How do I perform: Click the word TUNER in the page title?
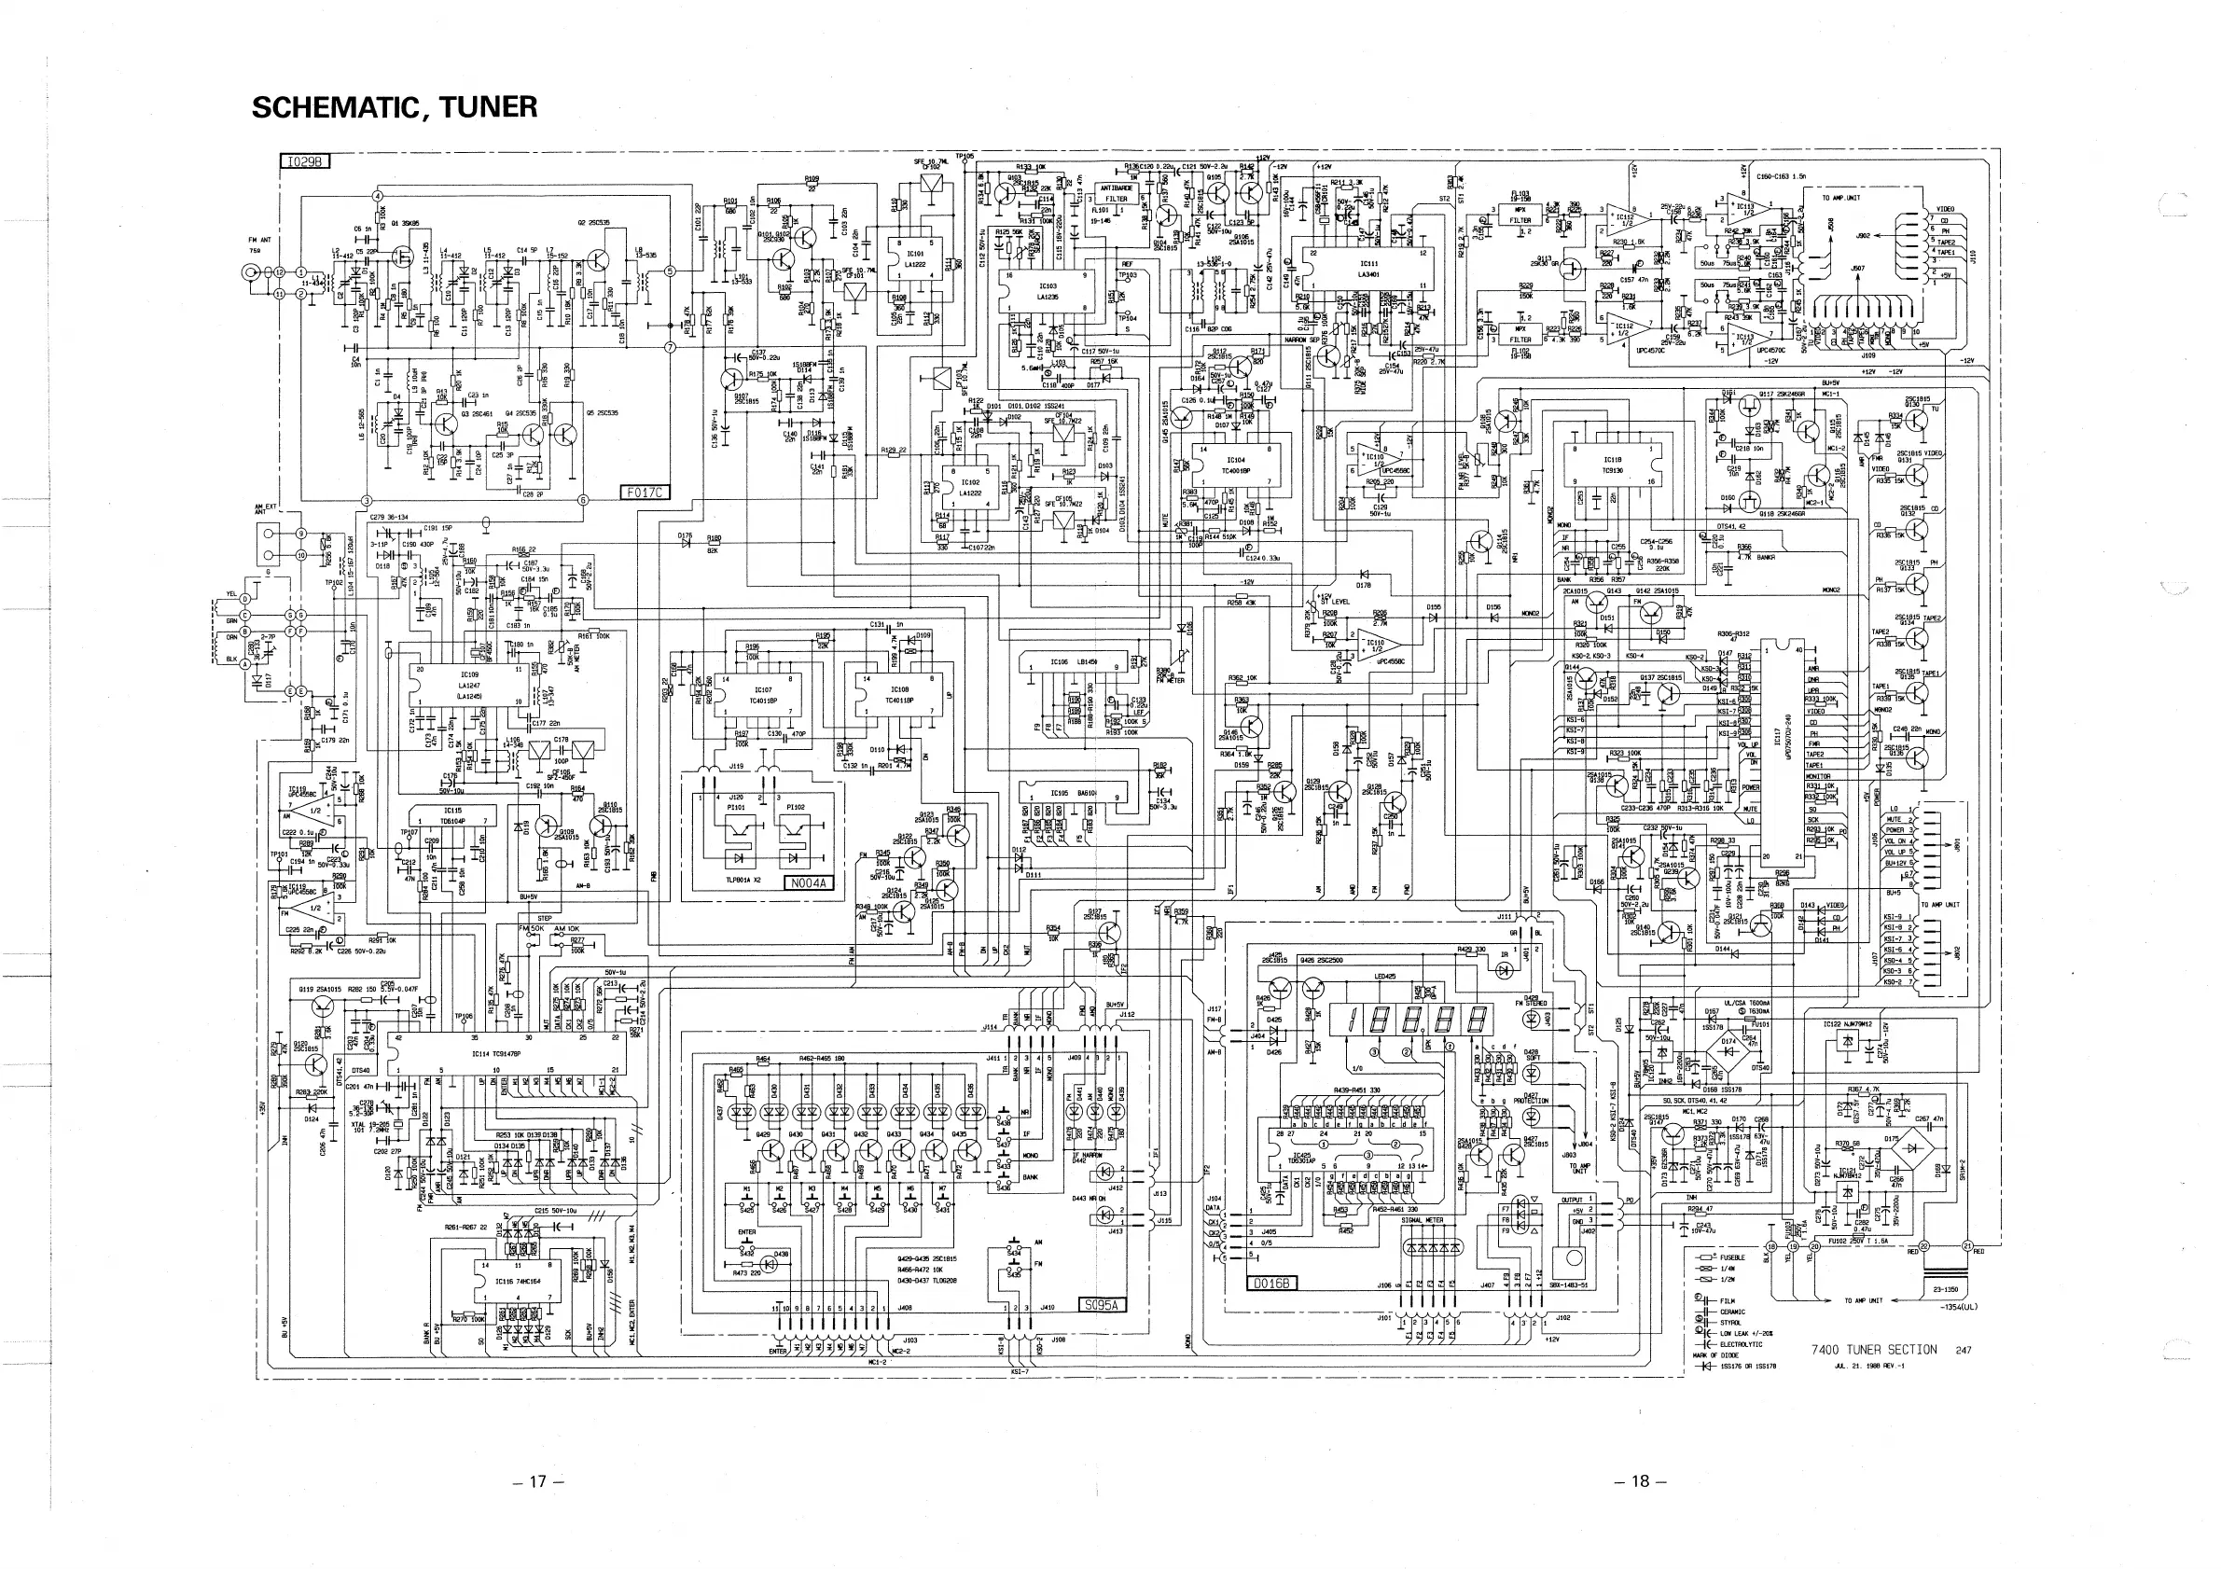[x=488, y=107]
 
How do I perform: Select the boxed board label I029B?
[x=305, y=161]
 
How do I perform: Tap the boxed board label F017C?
[x=645, y=493]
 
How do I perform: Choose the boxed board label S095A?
[x=1102, y=1304]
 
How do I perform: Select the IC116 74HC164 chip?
[x=518, y=1280]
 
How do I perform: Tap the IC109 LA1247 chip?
[x=469, y=686]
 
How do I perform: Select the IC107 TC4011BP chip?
[x=762, y=696]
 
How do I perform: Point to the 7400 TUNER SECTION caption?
[x=1874, y=1350]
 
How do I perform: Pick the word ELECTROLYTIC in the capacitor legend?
[x=1742, y=1343]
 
